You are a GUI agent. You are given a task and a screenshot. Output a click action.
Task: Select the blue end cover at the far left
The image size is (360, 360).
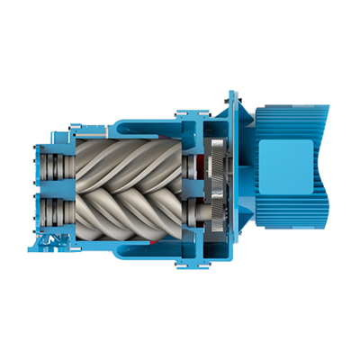(x=39, y=184)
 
